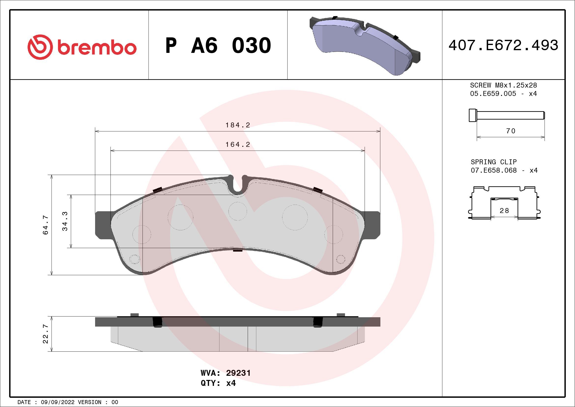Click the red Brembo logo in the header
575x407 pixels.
point(82,47)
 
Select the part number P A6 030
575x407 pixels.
point(218,45)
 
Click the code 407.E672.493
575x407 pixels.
point(503,45)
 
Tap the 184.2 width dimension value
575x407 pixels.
point(238,125)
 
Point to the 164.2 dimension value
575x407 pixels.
point(238,145)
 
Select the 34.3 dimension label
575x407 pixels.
point(65,221)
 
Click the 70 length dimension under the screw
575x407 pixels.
point(511,131)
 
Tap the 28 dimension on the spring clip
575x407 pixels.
point(504,211)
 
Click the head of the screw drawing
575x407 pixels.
point(472,116)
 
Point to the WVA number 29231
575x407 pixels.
point(238,373)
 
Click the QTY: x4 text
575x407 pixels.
point(218,383)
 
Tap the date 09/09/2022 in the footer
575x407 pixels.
point(57,402)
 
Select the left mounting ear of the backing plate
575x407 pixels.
point(103,225)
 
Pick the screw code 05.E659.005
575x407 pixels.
point(493,94)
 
